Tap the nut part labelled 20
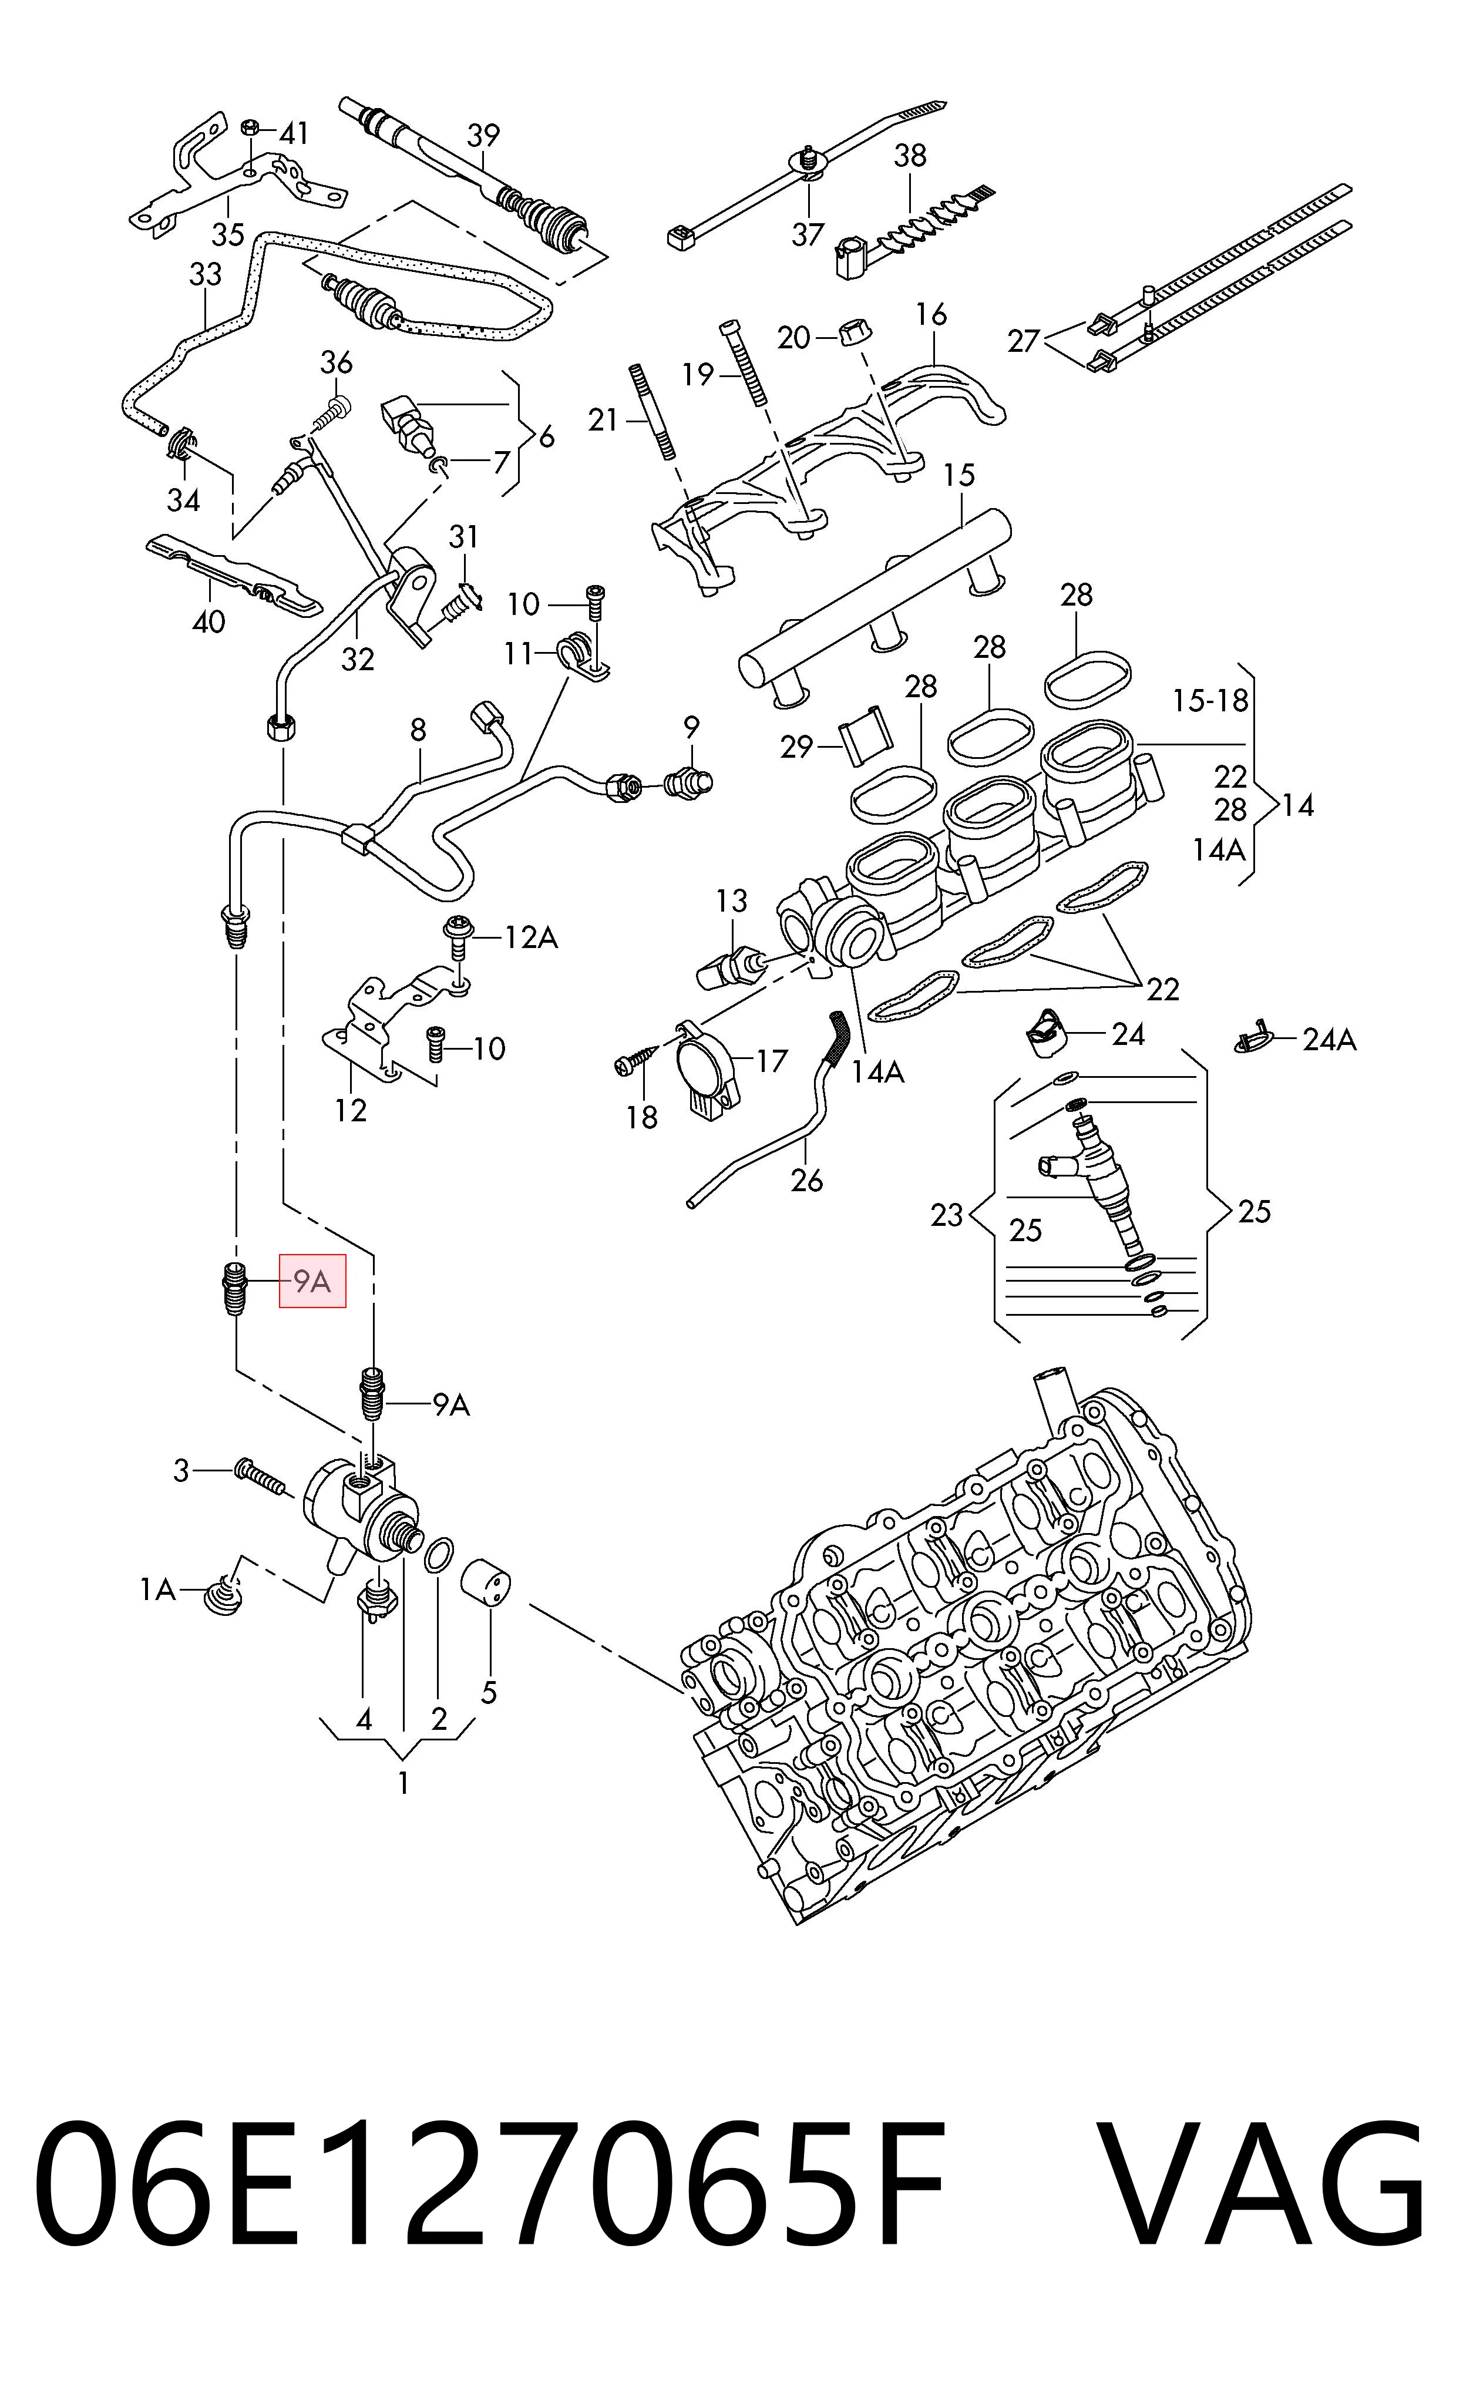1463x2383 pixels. (852, 332)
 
